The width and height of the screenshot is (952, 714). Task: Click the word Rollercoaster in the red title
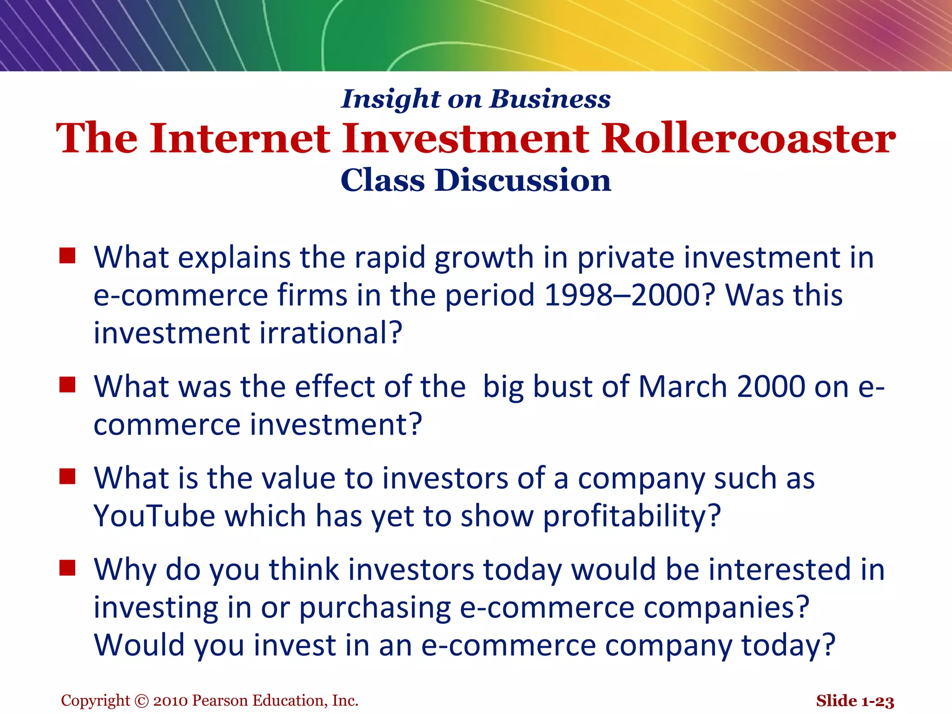748,138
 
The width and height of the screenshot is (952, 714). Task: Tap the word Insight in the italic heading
390,99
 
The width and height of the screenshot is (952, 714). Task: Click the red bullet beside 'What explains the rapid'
67,256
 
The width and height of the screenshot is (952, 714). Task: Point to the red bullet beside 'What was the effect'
67,385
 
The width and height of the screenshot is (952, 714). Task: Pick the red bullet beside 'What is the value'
67,476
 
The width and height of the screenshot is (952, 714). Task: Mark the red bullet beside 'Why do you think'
67,568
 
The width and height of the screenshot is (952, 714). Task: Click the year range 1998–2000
628,295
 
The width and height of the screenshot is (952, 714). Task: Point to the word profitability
632,517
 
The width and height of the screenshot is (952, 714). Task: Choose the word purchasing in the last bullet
375,608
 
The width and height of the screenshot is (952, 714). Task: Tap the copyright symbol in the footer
141,701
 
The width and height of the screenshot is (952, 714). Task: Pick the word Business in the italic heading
550,99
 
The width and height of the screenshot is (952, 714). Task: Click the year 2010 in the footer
171,701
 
